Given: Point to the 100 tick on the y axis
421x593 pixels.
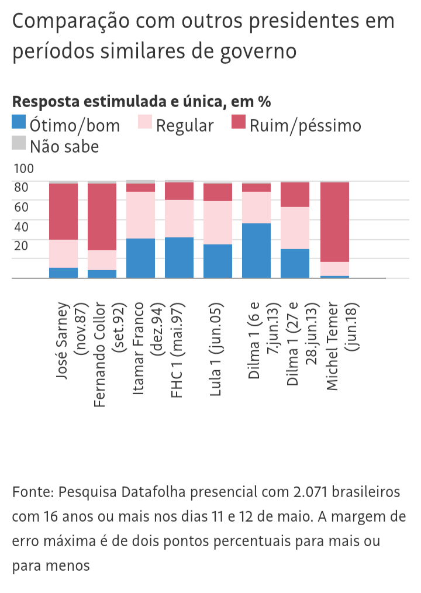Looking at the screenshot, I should (x=24, y=169).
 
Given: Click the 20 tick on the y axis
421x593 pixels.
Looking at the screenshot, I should (x=21, y=246).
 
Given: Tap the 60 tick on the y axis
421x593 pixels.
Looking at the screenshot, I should (x=21, y=207).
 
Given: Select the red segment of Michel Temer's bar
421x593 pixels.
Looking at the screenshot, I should (x=334, y=222).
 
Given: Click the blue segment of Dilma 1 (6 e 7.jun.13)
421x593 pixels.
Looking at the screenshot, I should (x=256, y=250).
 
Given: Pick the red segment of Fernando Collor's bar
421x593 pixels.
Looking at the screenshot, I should (x=102, y=217).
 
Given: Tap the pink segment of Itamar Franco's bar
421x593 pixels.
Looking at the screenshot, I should (x=140, y=215).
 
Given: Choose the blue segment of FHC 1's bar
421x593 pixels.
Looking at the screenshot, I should (x=179, y=257).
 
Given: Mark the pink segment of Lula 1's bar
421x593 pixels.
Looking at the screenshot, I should (x=218, y=222).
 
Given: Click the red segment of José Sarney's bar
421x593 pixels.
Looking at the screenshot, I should (x=63, y=211).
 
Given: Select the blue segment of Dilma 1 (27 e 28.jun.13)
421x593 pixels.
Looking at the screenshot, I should (x=295, y=263).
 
